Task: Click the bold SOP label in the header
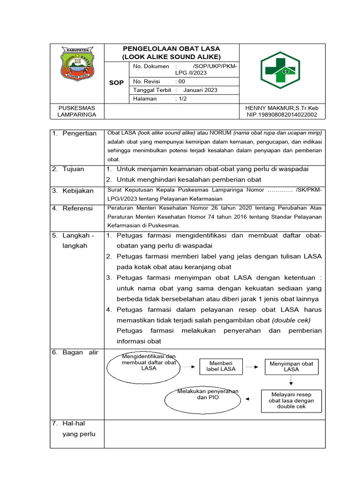click(x=116, y=82)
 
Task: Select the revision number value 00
click(x=180, y=82)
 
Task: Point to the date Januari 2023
click(x=200, y=90)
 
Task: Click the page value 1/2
click(x=181, y=99)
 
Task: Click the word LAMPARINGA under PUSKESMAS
click(x=77, y=114)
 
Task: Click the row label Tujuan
click(x=73, y=169)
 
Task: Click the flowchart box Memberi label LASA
click(x=221, y=367)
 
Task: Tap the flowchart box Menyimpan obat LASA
click(x=291, y=367)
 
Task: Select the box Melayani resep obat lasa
click(x=291, y=400)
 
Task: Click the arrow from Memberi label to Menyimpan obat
click(x=252, y=367)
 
